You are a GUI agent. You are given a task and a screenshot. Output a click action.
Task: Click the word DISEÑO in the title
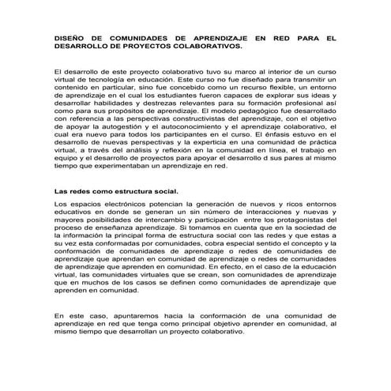point(69,37)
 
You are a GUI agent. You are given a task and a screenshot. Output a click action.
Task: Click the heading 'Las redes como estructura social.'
point(116,192)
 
